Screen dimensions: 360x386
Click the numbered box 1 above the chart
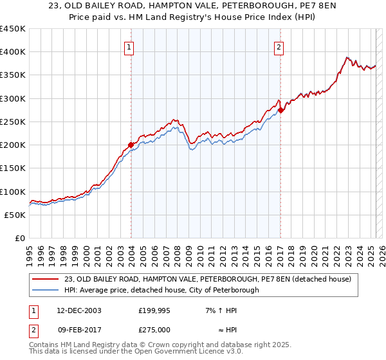click(x=129, y=47)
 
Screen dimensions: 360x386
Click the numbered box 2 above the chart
click(x=279, y=47)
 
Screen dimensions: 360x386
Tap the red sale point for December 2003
click(x=131, y=145)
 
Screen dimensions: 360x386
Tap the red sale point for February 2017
click(x=280, y=110)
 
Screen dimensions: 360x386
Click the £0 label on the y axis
click(x=20, y=238)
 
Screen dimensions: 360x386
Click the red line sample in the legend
click(x=46, y=279)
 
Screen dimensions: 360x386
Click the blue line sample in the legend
click(x=46, y=290)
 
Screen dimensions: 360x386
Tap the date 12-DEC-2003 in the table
click(x=78, y=310)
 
